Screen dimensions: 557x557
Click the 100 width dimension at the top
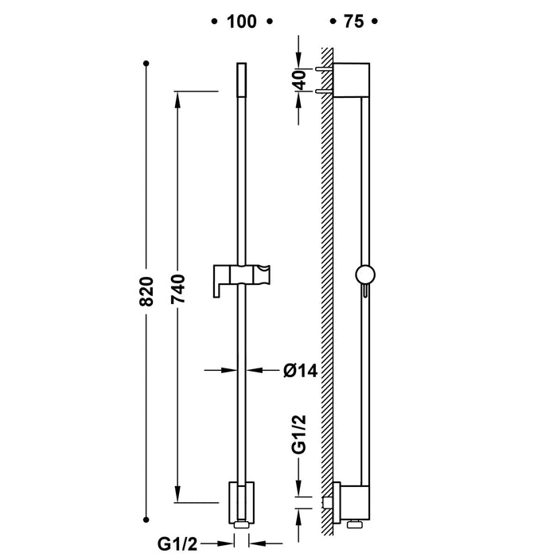(240, 21)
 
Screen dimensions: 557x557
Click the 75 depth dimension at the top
(354, 21)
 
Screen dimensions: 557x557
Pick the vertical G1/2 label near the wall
(298, 434)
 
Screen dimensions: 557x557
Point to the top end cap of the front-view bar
(241, 76)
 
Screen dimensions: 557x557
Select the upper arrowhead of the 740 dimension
(177, 98)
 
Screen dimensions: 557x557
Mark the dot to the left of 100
(213, 21)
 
